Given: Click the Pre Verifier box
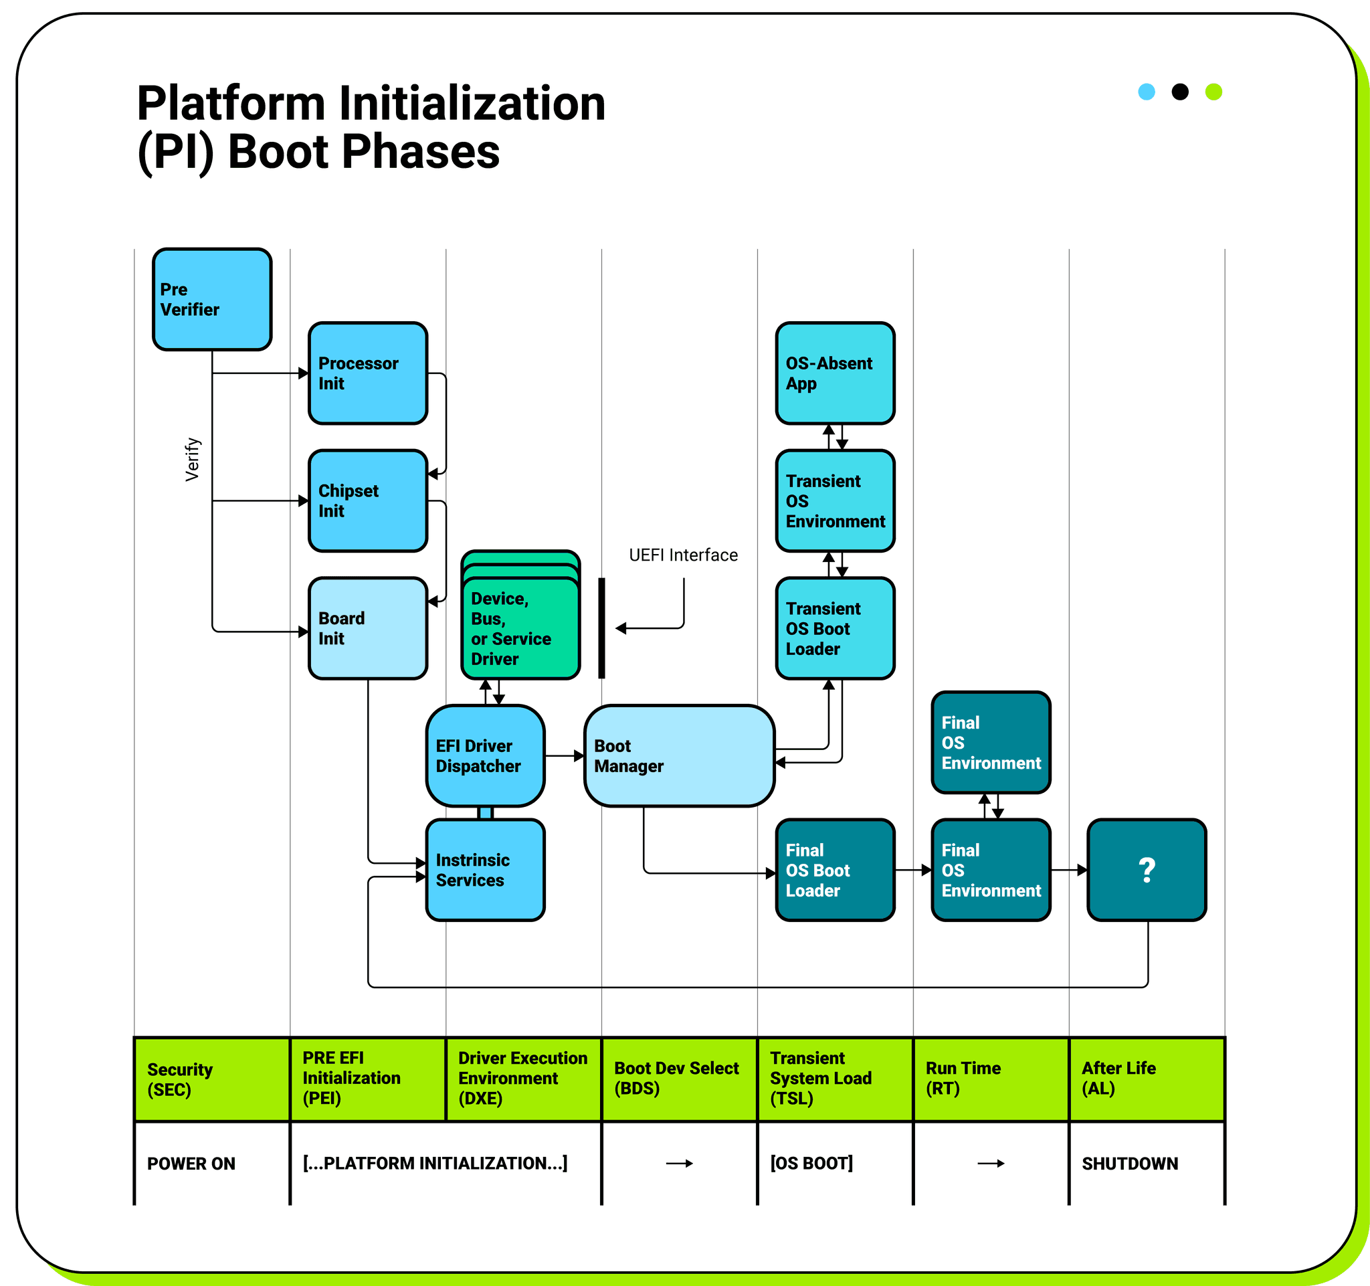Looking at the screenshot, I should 211,299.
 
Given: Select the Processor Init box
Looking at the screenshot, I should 367,373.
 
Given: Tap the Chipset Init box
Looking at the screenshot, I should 367,500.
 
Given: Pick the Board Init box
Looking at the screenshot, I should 367,628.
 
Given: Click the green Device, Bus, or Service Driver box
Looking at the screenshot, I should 520,628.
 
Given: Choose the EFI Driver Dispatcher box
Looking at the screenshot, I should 485,755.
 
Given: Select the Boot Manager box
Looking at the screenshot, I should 679,755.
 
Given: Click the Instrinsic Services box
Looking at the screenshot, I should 485,870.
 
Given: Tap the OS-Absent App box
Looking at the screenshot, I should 835,373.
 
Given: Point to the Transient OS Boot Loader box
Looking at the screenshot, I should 835,628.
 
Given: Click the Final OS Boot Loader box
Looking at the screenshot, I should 835,870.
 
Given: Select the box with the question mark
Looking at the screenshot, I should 1147,870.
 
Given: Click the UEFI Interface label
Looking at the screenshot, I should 683,555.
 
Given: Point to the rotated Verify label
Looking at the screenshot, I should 192,459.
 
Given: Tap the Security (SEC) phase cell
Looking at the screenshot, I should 211,1079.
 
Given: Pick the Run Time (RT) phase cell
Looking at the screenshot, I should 990,1079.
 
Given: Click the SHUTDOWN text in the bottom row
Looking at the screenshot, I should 1129,1164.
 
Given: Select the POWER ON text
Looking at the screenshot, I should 191,1164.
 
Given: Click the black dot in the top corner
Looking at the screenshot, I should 1180,92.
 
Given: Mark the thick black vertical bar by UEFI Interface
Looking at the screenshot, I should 601,628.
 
